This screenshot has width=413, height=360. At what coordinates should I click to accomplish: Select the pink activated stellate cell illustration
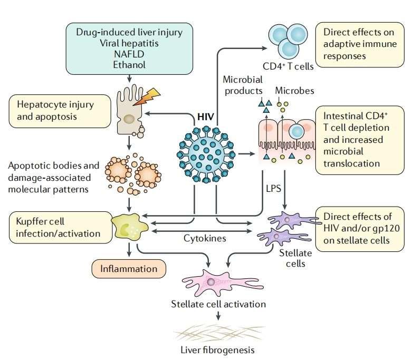click(211, 284)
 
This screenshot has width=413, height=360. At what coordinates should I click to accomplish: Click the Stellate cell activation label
click(218, 304)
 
